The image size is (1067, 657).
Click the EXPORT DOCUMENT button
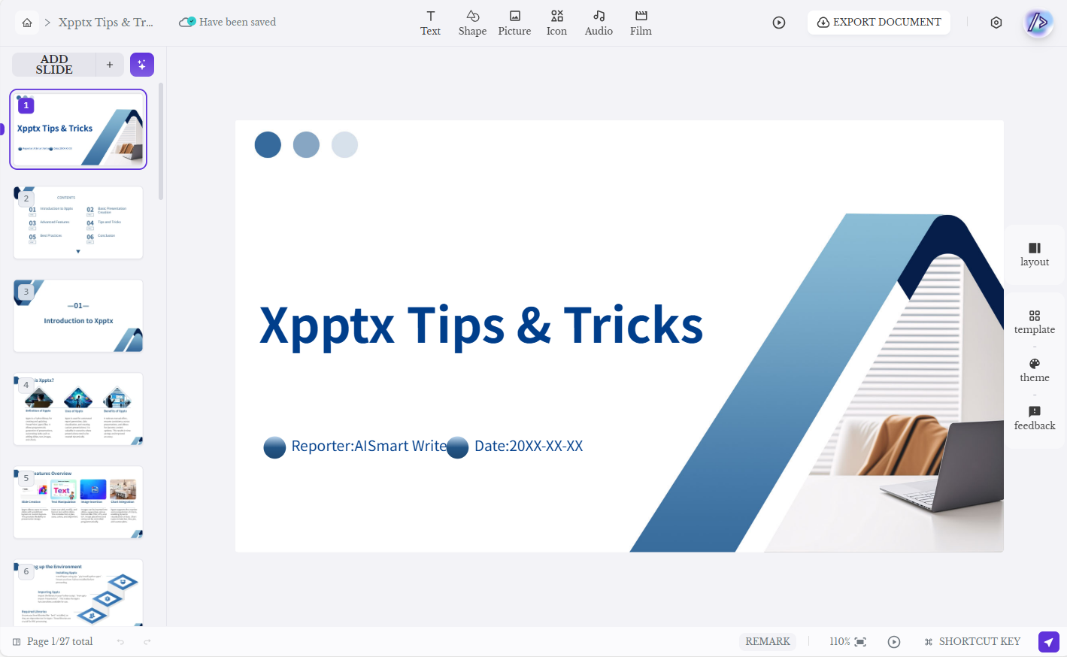(x=878, y=23)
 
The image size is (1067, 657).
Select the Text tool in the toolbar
(x=430, y=23)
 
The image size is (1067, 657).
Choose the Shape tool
(x=472, y=23)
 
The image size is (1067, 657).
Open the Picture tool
(x=514, y=23)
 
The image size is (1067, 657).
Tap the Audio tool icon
(x=599, y=23)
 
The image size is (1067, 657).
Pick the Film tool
(x=641, y=23)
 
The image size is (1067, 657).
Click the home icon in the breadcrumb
(x=27, y=23)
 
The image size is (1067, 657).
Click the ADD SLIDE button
(x=55, y=65)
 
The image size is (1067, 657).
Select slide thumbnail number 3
(x=78, y=316)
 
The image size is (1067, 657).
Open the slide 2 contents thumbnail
(x=78, y=223)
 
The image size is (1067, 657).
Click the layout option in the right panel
(x=1035, y=254)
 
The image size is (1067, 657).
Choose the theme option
(x=1035, y=370)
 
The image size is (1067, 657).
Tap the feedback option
(x=1035, y=418)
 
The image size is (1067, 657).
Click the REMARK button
(x=768, y=641)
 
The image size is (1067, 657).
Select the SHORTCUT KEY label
(x=979, y=641)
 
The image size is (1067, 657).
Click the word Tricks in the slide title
(x=633, y=325)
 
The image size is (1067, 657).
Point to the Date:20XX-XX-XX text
(x=529, y=446)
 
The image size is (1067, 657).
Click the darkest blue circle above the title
(x=268, y=144)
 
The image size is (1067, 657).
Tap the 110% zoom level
(x=839, y=641)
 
